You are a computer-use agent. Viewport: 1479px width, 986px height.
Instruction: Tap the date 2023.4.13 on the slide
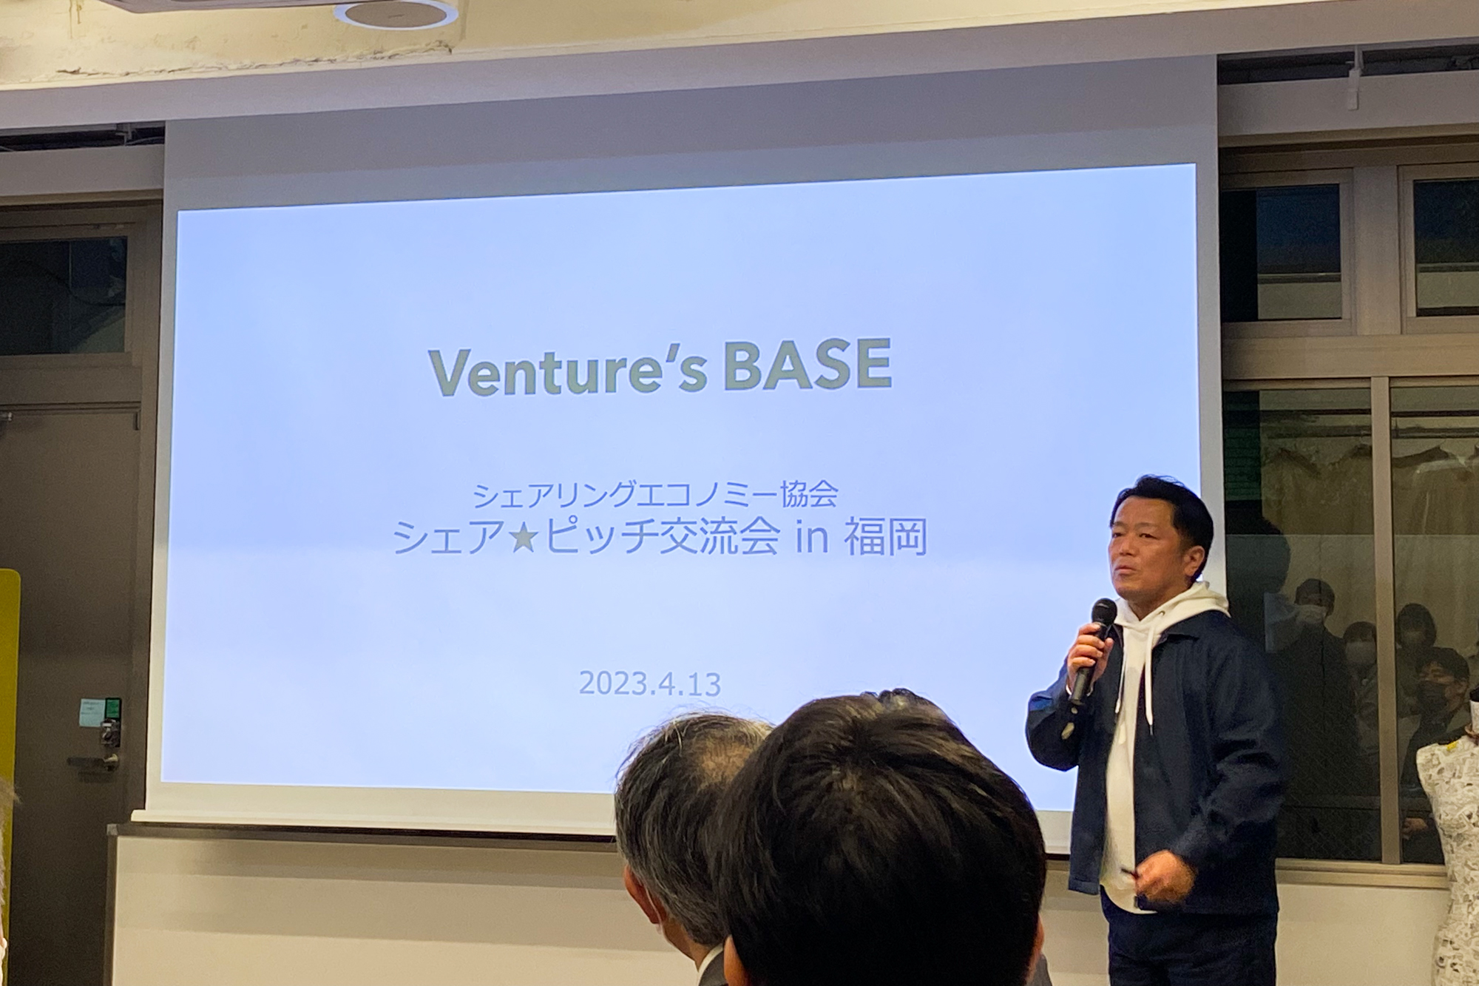[x=649, y=683]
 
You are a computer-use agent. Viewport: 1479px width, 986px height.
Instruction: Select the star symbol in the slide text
[x=524, y=538]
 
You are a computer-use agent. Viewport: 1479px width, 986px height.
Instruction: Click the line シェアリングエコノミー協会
[x=654, y=495]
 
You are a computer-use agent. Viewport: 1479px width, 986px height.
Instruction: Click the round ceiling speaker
[x=396, y=14]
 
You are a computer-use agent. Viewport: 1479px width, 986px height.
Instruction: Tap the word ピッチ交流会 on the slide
[x=661, y=538]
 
